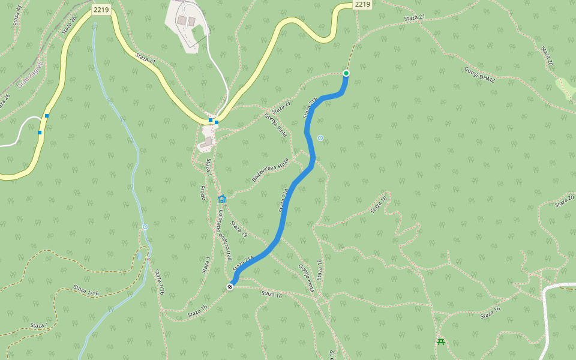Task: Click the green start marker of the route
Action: coord(346,73)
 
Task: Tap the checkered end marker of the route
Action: coord(230,287)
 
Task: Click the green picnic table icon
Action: coord(441,342)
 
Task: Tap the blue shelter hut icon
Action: coord(221,199)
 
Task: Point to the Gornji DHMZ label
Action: coord(479,74)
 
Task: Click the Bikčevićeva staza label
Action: coord(270,170)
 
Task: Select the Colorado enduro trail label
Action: coord(224,234)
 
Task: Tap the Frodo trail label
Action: coord(203,193)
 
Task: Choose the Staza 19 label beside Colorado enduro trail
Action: coord(239,229)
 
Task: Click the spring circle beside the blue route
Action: coord(320,138)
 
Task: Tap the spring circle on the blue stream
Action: coord(145,227)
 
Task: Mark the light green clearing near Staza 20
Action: coord(565,89)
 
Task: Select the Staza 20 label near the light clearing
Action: coord(547,56)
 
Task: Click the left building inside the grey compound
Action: coord(181,20)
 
